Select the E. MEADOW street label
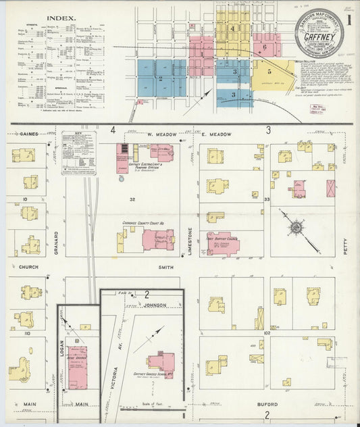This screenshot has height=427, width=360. pyautogui.click(x=216, y=134)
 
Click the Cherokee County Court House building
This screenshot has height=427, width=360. pyautogui.click(x=157, y=238)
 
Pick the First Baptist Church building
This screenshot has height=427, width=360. pyautogui.click(x=222, y=244)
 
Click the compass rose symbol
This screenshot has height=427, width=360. pyautogui.click(x=296, y=227)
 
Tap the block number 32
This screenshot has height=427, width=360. pyautogui.click(x=133, y=199)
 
